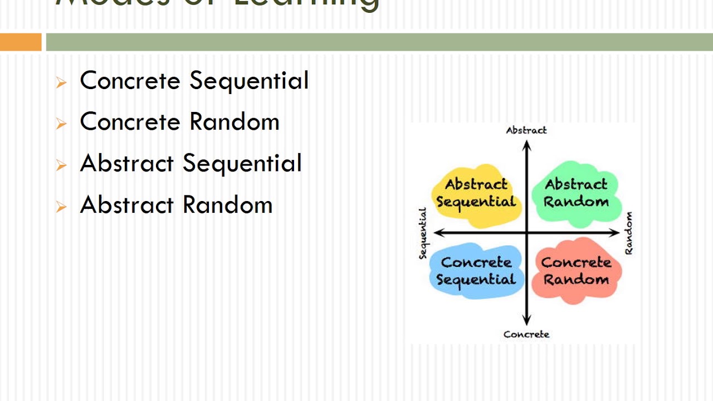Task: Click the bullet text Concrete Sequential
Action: (x=194, y=80)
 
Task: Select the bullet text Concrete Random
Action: (x=179, y=122)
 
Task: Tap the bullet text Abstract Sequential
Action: (x=191, y=163)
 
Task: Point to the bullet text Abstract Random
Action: (x=176, y=204)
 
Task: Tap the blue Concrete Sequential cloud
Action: (x=476, y=271)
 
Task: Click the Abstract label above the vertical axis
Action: (x=526, y=130)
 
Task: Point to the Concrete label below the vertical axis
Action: (x=526, y=334)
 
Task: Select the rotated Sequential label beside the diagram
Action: (x=423, y=233)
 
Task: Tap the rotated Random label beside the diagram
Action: (x=629, y=233)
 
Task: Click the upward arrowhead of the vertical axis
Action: (x=527, y=145)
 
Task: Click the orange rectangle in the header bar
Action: (x=21, y=42)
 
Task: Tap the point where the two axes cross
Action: (x=526, y=232)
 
